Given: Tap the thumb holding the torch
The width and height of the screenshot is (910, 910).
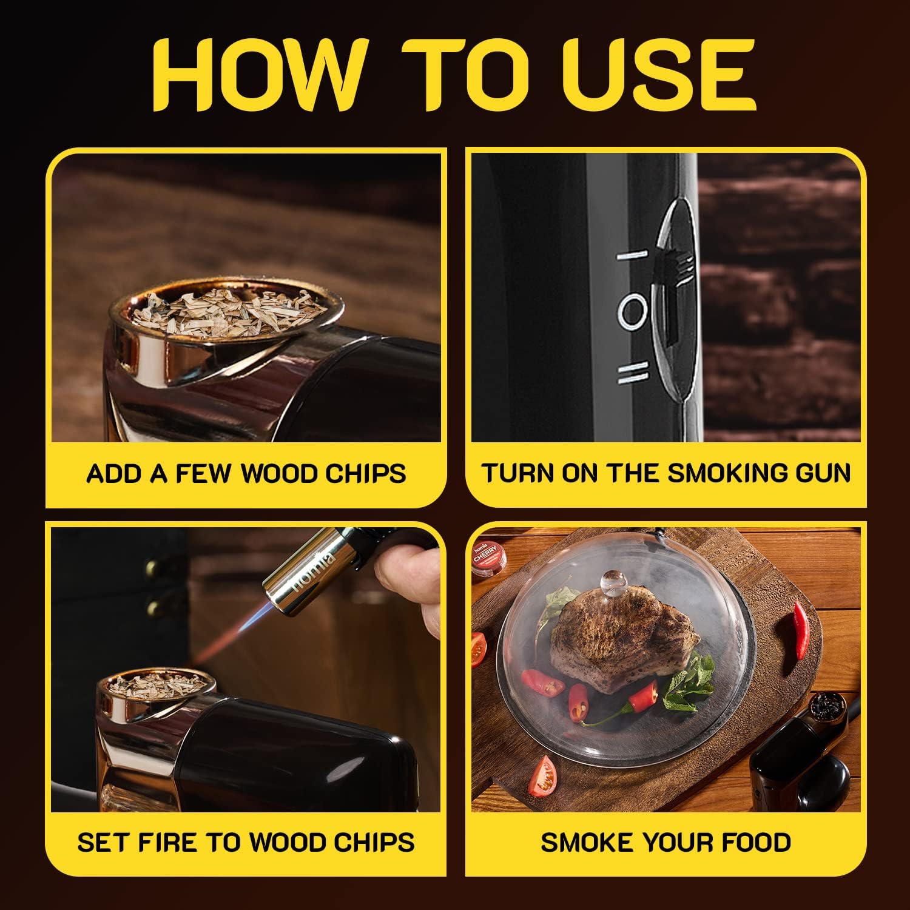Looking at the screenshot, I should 403,567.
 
